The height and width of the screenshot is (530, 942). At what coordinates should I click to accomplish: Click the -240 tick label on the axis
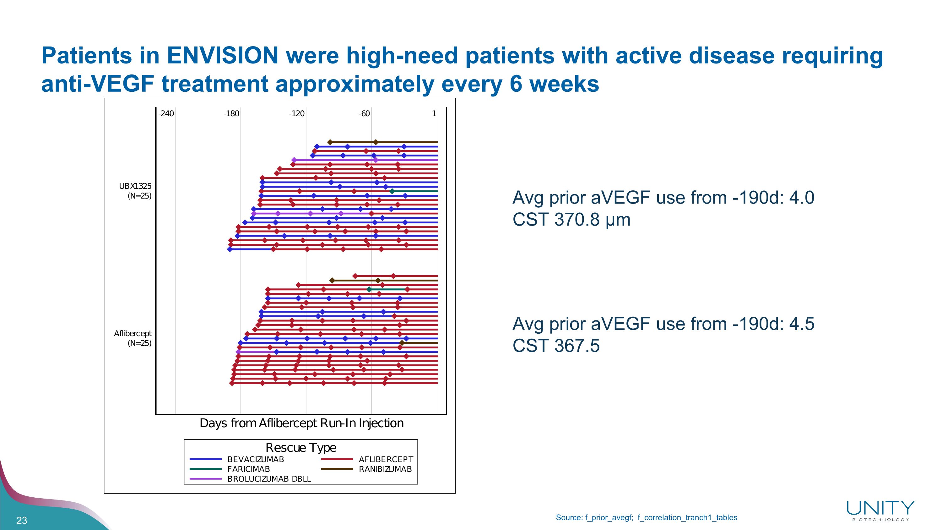click(166, 114)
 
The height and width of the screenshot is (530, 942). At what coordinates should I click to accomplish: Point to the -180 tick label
click(231, 114)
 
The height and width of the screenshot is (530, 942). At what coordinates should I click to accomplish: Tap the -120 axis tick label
click(296, 114)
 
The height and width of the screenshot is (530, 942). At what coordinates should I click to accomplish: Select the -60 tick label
click(364, 114)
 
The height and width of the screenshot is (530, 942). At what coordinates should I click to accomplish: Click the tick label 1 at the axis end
click(434, 114)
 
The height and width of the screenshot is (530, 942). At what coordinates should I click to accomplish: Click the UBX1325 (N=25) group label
click(135, 191)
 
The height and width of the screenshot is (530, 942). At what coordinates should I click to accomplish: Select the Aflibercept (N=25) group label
click(133, 338)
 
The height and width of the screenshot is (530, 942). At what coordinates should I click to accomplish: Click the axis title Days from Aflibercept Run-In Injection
click(301, 423)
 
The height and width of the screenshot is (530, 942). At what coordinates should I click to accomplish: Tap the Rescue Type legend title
click(300, 447)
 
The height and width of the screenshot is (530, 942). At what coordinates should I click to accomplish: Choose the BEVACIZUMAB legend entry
click(255, 459)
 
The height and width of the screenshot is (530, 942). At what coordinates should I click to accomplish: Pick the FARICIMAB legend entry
click(248, 469)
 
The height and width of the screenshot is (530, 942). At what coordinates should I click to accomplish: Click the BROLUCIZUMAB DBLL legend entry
click(269, 479)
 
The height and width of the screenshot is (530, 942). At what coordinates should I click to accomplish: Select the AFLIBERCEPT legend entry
click(386, 459)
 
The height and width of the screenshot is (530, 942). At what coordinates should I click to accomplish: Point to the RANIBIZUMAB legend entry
click(385, 469)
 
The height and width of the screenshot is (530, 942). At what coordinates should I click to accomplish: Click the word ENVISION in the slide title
click(222, 56)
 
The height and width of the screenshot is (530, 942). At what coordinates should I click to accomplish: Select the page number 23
click(22, 521)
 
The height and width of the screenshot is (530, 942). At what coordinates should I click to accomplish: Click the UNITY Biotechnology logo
click(880, 510)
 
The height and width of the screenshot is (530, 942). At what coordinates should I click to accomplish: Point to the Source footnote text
click(646, 517)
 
